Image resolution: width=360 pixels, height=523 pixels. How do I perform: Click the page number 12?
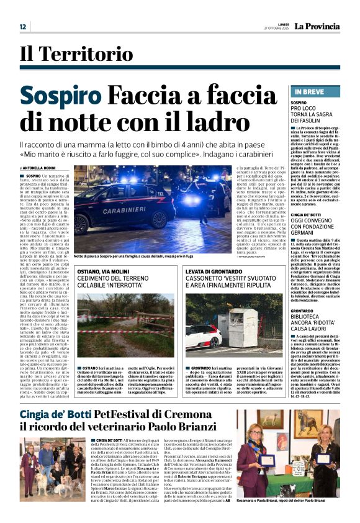(x=22, y=27)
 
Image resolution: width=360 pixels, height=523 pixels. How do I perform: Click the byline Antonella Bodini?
(x=38, y=168)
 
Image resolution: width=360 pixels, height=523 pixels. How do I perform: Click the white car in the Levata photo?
(x=203, y=336)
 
